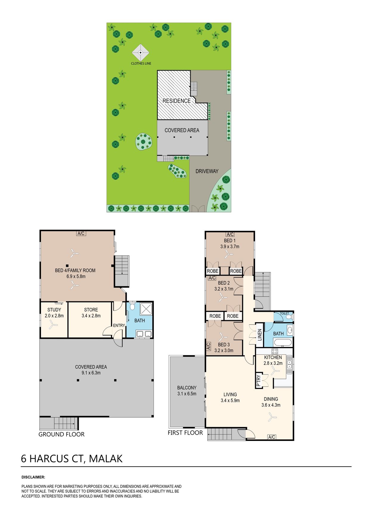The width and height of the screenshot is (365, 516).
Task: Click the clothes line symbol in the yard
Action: pos(141,52)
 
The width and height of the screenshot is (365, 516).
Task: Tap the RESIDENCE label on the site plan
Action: pos(177,101)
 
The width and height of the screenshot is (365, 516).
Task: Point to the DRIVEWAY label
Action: pos(207,171)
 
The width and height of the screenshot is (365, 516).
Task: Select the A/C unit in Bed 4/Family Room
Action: pos(81,233)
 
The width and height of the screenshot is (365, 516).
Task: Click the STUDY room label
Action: pos(54,310)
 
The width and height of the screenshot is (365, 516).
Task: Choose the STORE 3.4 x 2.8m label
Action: pos(91,313)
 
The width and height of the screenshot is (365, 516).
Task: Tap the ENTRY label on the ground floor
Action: pos(119,326)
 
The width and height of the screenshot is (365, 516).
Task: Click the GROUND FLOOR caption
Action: pos(61,434)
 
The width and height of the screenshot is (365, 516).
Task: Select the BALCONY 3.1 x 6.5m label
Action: pos(187,391)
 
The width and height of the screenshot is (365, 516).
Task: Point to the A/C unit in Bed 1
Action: pos(230,234)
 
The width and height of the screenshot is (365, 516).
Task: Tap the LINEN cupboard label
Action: pos(259,335)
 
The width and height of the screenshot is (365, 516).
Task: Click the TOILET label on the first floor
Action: pos(284,314)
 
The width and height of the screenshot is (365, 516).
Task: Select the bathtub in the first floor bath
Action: pos(283,343)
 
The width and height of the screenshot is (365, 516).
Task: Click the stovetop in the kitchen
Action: pos(275,351)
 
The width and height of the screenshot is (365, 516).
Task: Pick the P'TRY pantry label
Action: pos(259,381)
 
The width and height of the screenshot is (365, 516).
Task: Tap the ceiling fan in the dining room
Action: pos(272,417)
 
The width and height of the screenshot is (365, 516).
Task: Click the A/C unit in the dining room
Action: pos(272,437)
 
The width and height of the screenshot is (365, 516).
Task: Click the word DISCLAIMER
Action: pos(33,477)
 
